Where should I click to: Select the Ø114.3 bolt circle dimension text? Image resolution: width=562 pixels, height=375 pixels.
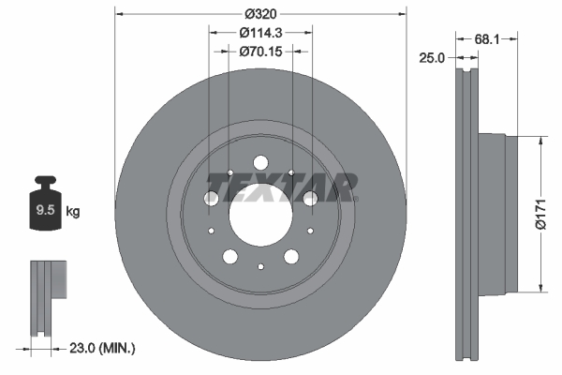(x=261, y=33)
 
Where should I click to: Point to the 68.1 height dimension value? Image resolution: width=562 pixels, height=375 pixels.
(x=485, y=39)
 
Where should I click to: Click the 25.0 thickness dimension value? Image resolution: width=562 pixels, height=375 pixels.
(x=432, y=58)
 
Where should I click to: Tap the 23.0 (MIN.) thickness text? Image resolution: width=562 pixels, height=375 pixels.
(x=104, y=348)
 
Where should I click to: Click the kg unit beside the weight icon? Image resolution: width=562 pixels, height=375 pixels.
(x=73, y=212)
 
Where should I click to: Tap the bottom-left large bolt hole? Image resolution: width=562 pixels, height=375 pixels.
(x=229, y=256)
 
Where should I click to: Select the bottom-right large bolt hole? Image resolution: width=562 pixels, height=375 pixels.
(x=291, y=256)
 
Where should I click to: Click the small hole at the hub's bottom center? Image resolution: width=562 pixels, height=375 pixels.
(x=261, y=267)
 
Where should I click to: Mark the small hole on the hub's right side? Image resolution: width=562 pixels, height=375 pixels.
(x=309, y=231)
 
